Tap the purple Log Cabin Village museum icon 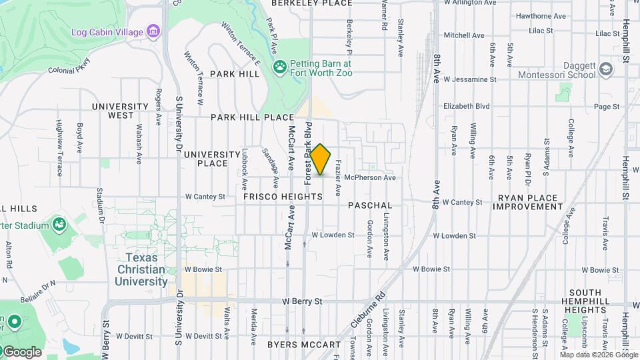tap(154, 31)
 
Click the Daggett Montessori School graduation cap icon tap(605, 69)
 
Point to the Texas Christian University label tap(143, 269)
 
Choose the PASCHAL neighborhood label tap(370, 206)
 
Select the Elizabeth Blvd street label tap(467, 106)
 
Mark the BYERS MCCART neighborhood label tap(304, 345)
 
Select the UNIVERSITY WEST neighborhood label tap(120, 111)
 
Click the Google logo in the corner tap(21, 351)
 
